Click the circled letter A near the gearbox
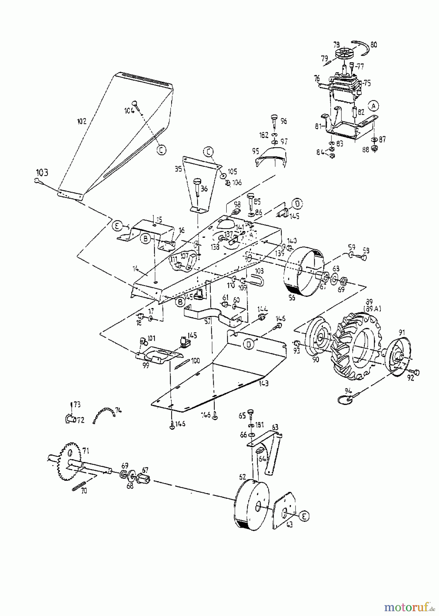[x=374, y=106]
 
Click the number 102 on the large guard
[x=81, y=121]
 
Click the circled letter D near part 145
[x=297, y=204]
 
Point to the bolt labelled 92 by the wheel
[x=416, y=372]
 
